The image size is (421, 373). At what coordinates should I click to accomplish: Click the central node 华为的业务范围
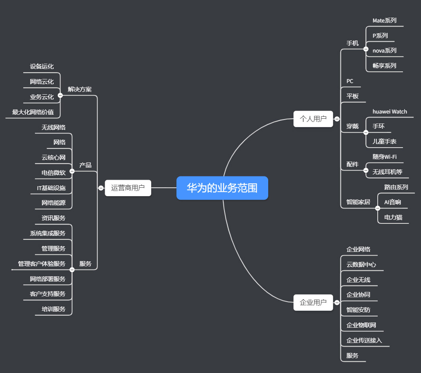[222, 188]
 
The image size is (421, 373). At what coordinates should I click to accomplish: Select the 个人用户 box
[313, 119]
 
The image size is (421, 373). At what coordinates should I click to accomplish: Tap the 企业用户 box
[313, 302]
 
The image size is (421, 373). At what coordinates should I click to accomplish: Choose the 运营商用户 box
[128, 188]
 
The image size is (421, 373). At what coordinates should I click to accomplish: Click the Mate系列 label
[385, 20]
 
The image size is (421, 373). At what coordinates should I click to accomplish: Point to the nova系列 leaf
[385, 51]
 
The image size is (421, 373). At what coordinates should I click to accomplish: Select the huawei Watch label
[390, 111]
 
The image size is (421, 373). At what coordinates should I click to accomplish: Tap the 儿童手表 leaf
[385, 142]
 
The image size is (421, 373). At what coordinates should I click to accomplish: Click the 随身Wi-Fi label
[385, 157]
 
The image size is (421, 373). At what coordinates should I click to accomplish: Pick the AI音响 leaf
[393, 202]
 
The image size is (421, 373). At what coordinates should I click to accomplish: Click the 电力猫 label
[393, 217]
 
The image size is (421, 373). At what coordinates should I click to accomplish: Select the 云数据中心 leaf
[361, 265]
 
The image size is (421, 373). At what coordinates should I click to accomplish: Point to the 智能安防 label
[358, 310]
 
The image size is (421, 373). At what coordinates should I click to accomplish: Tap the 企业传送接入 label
[364, 341]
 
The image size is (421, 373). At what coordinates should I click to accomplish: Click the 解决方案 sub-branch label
[80, 89]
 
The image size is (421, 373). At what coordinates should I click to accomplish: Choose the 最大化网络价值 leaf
[33, 112]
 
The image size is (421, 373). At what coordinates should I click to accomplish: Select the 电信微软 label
[53, 173]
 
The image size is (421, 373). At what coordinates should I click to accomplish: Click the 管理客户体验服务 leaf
[41, 264]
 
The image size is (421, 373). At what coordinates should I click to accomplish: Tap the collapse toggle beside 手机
[366, 49]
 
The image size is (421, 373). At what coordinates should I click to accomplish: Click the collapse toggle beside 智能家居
[377, 208]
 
